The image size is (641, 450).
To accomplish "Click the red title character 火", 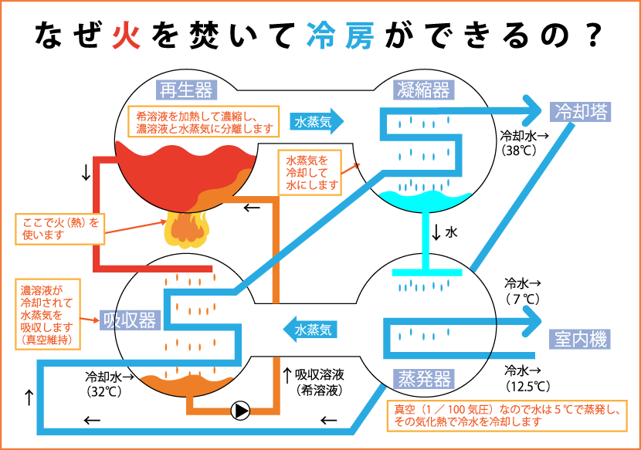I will [x=127, y=36].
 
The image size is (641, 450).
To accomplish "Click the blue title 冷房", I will [x=340, y=36].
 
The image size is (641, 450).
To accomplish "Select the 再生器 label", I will [x=185, y=90].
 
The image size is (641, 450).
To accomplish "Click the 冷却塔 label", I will [x=581, y=111].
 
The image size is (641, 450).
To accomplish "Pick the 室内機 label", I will [x=580, y=338].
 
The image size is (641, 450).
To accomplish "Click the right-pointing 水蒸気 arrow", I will [x=317, y=121].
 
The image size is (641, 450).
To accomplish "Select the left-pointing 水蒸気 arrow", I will [x=308, y=329].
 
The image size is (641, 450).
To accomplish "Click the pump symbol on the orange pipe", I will [x=240, y=410].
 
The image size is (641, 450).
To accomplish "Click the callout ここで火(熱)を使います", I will [x=60, y=228].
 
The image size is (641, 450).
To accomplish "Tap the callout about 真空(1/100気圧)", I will [x=507, y=415].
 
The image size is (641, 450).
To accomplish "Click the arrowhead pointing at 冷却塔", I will [x=532, y=110].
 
